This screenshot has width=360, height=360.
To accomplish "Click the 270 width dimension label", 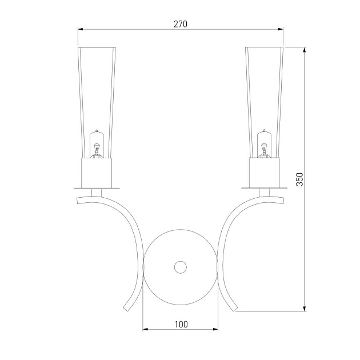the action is [x=181, y=24].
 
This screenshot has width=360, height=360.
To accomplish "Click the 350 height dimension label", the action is [x=299, y=179].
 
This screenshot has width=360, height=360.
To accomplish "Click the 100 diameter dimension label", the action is [x=181, y=325].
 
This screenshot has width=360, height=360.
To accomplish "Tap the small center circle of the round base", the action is [x=181, y=267].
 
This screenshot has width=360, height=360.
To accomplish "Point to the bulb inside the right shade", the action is [x=264, y=144].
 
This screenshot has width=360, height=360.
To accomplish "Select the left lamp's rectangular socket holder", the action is [x=97, y=173].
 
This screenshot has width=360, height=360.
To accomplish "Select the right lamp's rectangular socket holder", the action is [x=264, y=173].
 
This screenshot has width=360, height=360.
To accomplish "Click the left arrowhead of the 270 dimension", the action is [x=81, y=29].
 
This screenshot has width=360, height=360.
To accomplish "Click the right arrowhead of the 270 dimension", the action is [x=281, y=29].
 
